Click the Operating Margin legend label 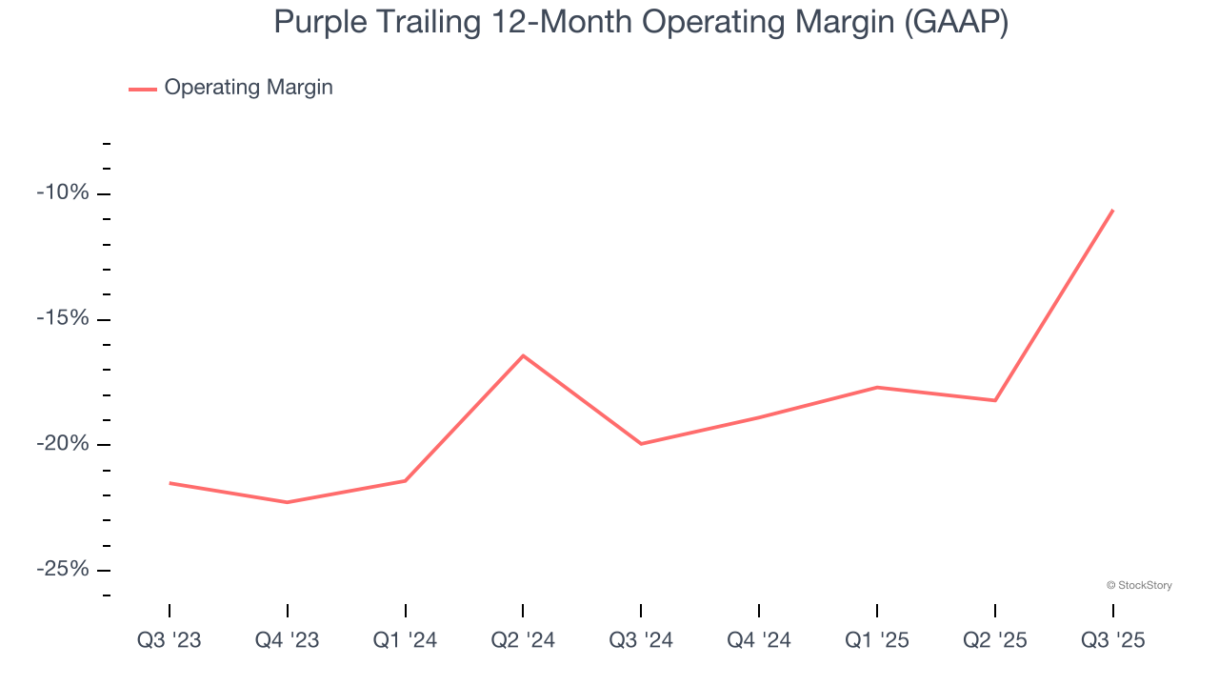click(x=249, y=88)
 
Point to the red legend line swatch click(x=143, y=89)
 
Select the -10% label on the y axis click(x=63, y=193)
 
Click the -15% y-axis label click(x=63, y=318)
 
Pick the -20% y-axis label click(x=63, y=444)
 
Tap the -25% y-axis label click(x=63, y=570)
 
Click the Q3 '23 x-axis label click(x=170, y=640)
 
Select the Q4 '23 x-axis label click(x=288, y=640)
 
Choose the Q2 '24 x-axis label click(x=523, y=640)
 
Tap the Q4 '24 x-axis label click(x=759, y=640)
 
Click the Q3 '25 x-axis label click(x=1112, y=640)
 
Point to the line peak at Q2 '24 click(x=523, y=355)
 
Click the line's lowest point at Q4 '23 click(x=288, y=502)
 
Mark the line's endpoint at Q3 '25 click(x=1112, y=210)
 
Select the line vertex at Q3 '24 click(x=641, y=444)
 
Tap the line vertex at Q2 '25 click(x=995, y=400)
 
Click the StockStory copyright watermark click(x=1139, y=585)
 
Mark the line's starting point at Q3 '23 click(x=170, y=483)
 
